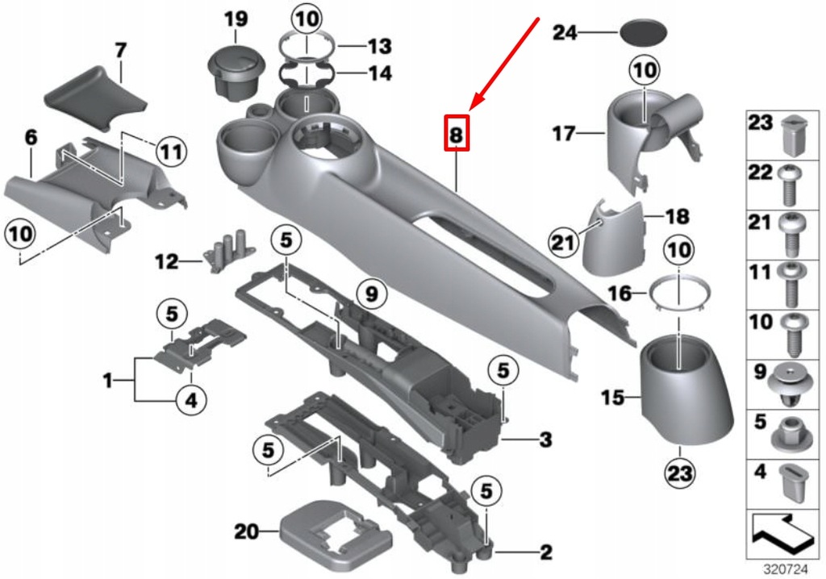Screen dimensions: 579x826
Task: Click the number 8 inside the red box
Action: coord(456,135)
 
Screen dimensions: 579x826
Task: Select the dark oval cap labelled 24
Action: coord(645,33)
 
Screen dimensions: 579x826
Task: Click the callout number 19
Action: coord(236,17)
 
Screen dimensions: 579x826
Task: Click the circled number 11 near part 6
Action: coord(170,150)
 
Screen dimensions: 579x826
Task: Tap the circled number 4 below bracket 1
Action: coord(190,398)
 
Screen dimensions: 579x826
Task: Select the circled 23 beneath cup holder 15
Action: coord(679,474)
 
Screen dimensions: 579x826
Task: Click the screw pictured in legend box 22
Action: coord(790,183)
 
